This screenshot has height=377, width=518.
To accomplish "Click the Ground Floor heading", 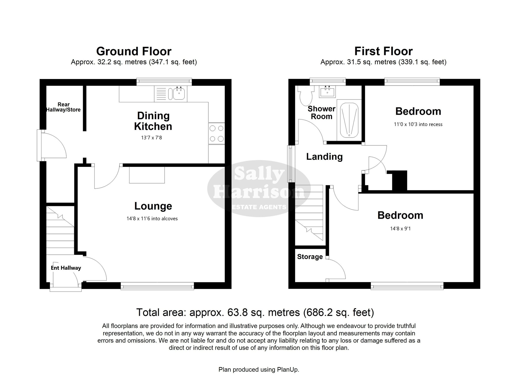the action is pos(134,51).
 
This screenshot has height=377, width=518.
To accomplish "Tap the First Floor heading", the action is pos(383,51).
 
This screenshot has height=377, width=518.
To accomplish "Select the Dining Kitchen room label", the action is pos(153,121).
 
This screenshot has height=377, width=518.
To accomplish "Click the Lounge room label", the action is pos(153,206).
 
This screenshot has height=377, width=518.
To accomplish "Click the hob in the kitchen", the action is pos(217,133).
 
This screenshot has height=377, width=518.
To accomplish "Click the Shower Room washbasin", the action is pos(328,92).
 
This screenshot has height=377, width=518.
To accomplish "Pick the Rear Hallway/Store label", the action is pos(63,107).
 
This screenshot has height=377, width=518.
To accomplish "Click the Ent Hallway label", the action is pos(66,268).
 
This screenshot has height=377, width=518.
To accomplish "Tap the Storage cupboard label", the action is pos(310,257).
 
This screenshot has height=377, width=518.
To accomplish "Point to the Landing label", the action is pos(325,157).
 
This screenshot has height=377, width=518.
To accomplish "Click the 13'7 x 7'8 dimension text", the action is pos(151,138).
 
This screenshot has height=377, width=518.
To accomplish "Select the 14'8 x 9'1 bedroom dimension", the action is pos(400,229).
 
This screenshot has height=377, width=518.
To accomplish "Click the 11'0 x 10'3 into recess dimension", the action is pos(418,124).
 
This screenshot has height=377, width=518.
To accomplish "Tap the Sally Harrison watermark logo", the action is pos(259,189).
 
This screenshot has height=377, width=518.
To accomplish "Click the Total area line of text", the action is pos(255,312).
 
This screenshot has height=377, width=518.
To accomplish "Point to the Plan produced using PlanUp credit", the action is pos(259,370).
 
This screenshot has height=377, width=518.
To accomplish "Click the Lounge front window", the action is pos(157,286).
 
